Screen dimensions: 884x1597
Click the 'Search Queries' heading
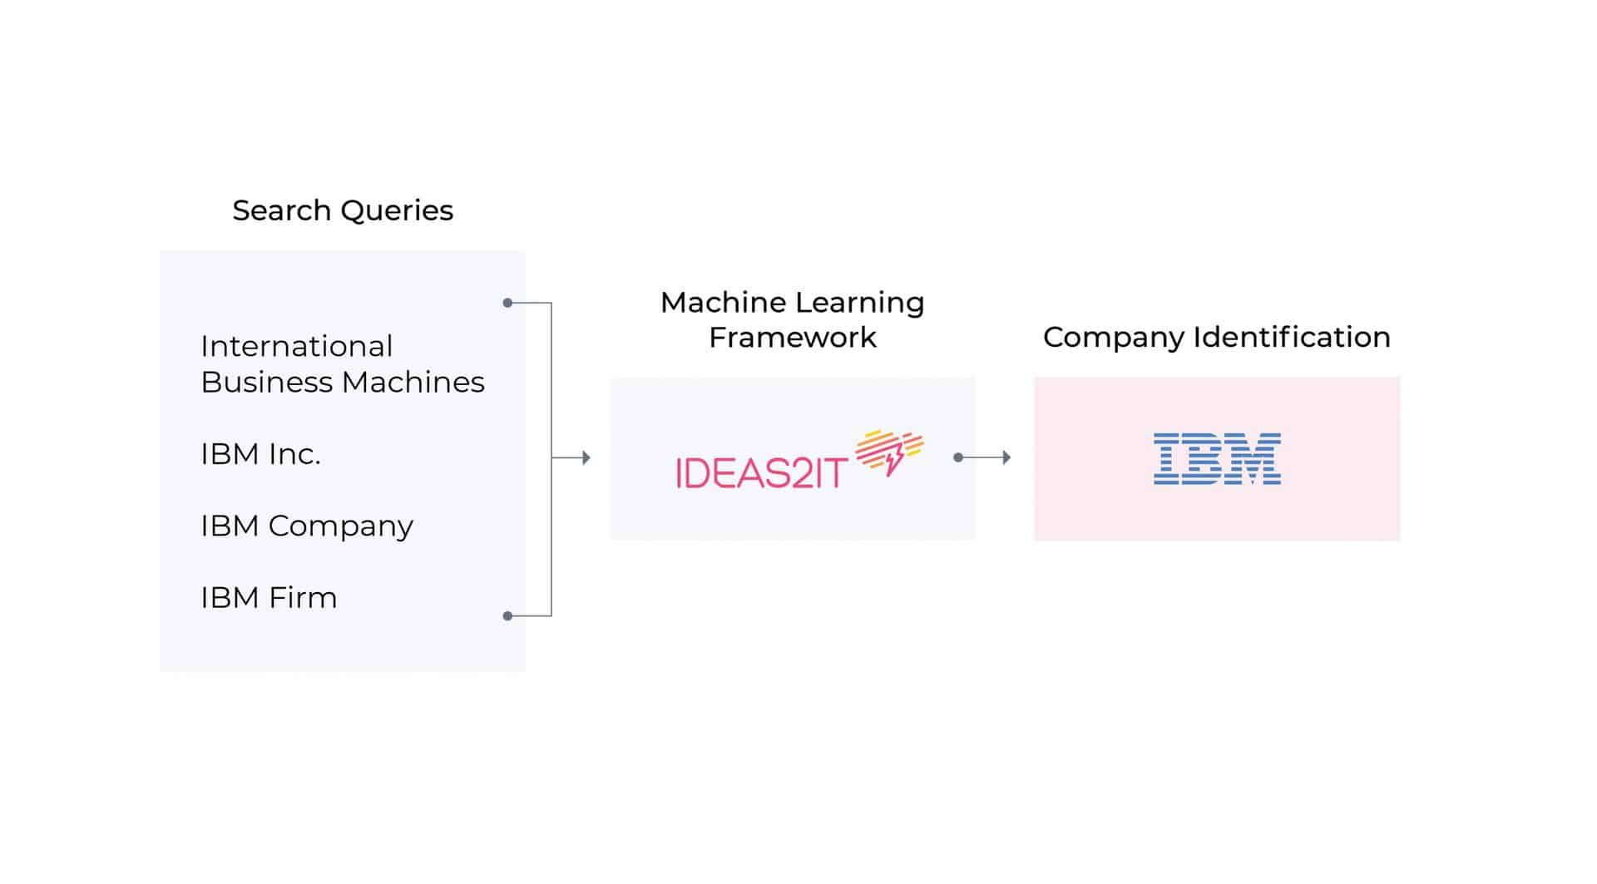point(343,210)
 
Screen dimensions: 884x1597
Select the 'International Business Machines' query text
point(342,364)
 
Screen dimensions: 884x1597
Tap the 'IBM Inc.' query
point(260,454)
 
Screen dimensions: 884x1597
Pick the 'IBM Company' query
point(306,526)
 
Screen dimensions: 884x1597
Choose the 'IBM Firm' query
point(269,598)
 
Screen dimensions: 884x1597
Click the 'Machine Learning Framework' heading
point(792,319)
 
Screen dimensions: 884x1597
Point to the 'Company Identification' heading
point(1216,337)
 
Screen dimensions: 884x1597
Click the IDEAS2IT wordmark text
point(761,473)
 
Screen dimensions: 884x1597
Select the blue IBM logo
point(1217,458)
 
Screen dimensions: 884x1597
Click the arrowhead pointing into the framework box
point(586,457)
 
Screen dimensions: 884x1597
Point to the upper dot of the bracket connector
point(507,303)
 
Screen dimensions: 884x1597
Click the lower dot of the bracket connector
point(507,616)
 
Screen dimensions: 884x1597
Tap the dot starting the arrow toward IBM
point(958,457)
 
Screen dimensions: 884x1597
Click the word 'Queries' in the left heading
point(397,210)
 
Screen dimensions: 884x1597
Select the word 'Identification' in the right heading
point(1292,337)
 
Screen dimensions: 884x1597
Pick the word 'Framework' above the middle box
point(792,338)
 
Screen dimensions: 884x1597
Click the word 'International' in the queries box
point(296,346)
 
